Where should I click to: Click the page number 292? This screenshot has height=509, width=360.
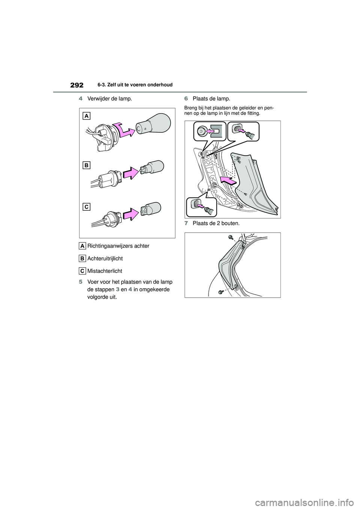click(77, 85)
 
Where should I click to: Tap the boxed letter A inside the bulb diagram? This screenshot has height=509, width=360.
click(86, 116)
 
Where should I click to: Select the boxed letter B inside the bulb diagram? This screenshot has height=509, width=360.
click(86, 165)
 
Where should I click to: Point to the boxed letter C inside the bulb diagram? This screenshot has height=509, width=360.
click(86, 207)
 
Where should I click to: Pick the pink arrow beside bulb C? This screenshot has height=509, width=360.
click(131, 214)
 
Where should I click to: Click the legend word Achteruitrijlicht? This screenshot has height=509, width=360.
click(105, 259)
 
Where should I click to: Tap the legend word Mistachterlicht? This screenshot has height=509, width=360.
click(105, 271)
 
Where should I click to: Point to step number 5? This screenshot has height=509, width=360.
click(81, 282)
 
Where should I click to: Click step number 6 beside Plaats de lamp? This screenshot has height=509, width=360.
click(186, 99)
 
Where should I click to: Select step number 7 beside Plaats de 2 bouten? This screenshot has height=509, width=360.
click(186, 223)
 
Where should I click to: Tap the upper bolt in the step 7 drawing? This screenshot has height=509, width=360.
click(231, 237)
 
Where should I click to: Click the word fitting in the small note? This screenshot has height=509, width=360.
click(254, 113)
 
